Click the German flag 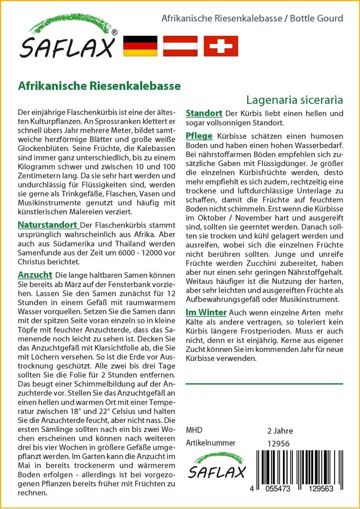tap(140, 46)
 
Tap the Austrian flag tap(180, 46)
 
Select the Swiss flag tap(221, 46)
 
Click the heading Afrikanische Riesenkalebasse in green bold tap(99, 85)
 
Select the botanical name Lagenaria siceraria tap(294, 99)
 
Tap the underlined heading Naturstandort tap(47, 225)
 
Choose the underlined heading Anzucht tap(35, 274)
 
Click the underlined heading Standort tap(203, 113)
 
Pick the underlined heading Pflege tap(199, 136)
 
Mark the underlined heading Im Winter tap(206, 312)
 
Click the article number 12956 tap(278, 443)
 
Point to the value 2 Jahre tap(280, 430)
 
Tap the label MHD tap(194, 430)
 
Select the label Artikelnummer tap(210, 443)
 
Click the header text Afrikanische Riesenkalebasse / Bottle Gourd tap(253, 19)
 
